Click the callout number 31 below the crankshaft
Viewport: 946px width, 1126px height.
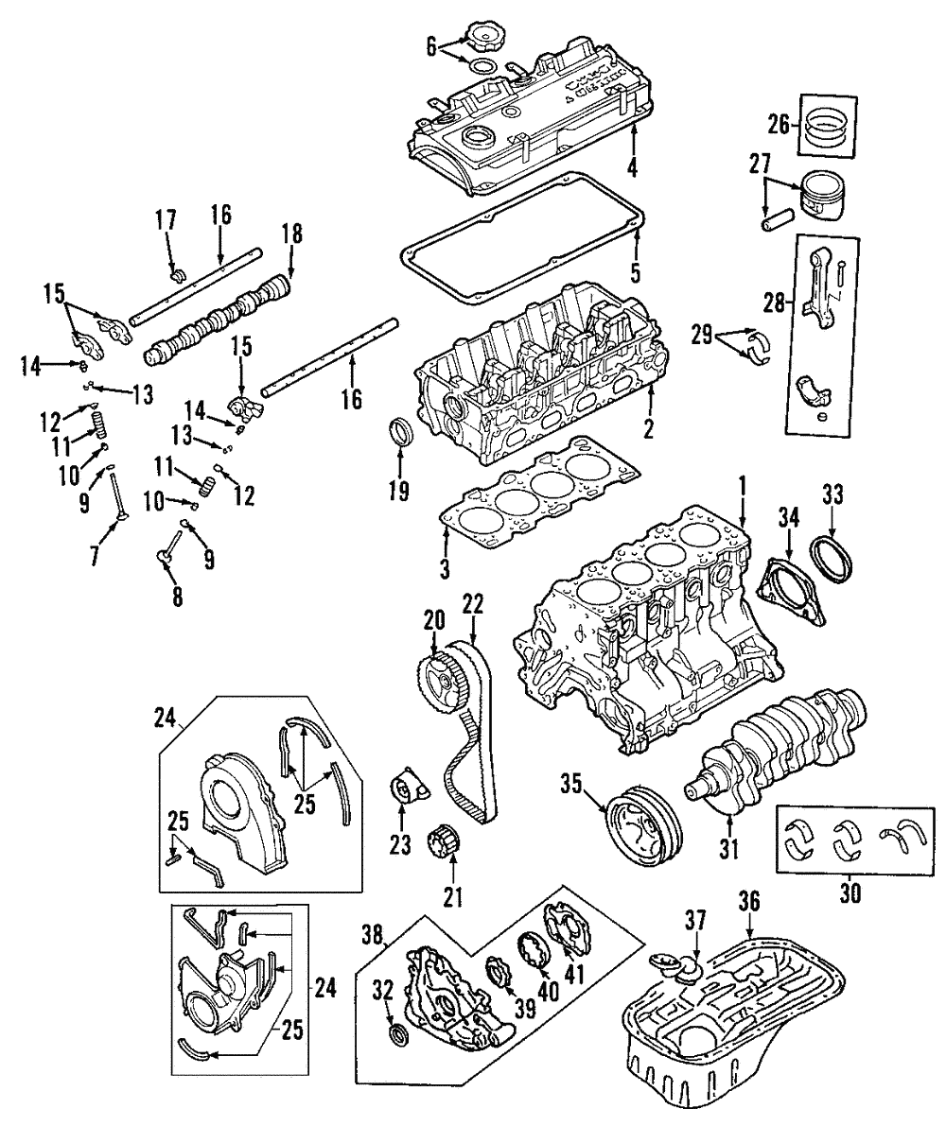click(x=727, y=849)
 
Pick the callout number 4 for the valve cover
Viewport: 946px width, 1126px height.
click(x=631, y=169)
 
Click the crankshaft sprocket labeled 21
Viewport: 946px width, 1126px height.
click(x=444, y=840)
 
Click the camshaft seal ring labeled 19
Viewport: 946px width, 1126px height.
click(x=401, y=436)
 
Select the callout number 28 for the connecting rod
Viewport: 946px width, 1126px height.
click(x=773, y=302)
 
